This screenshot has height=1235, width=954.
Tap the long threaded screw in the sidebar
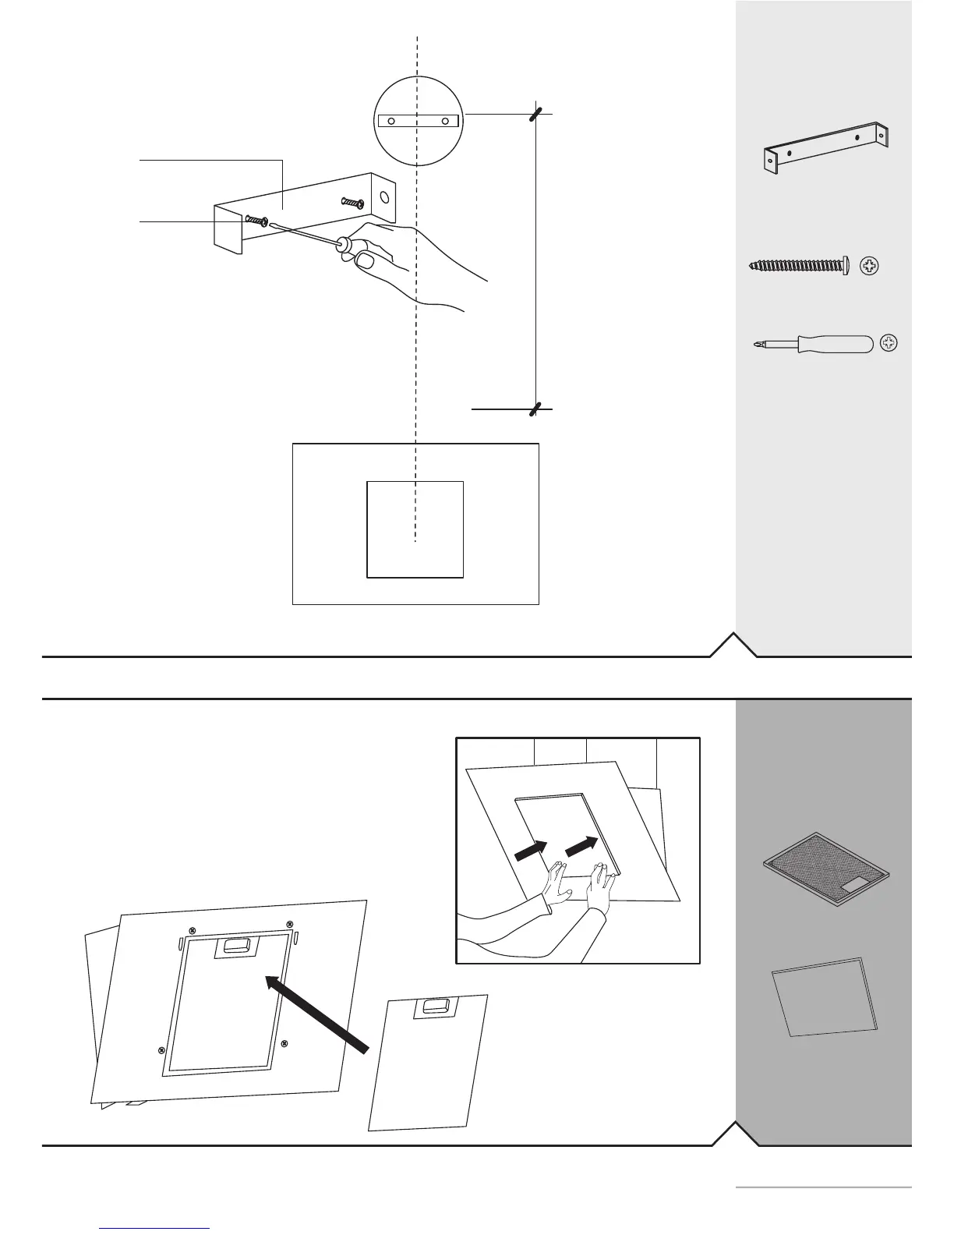tap(798, 266)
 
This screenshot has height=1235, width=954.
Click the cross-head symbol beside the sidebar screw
tap(870, 267)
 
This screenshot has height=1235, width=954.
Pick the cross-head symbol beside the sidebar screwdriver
tap(889, 343)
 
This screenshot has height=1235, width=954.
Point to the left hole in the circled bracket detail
tap(392, 121)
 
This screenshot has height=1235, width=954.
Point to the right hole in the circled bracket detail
tap(444, 121)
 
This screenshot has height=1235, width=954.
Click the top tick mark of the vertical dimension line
tap(535, 114)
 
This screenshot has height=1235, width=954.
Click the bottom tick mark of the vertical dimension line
tap(535, 409)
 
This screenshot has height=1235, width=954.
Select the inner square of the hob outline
tap(415, 529)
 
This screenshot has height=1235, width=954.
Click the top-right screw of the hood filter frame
tap(289, 924)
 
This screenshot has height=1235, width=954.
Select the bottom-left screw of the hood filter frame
tap(161, 1049)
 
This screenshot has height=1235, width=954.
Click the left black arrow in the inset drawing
tap(532, 851)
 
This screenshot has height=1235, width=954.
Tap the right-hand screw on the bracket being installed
tap(352, 203)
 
